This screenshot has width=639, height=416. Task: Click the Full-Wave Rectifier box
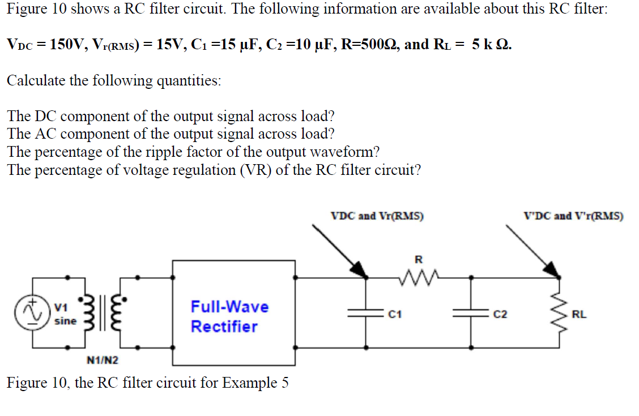[233, 312]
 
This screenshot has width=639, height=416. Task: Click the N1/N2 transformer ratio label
[103, 360]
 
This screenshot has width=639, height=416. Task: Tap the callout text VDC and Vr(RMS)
[377, 216]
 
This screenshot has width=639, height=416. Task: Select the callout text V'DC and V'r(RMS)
[574, 216]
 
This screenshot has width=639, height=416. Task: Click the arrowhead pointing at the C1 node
[359, 268]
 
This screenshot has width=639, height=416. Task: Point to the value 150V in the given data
[67, 45]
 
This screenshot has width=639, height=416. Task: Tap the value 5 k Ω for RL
[491, 45]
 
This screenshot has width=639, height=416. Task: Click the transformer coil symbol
[104, 313]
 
